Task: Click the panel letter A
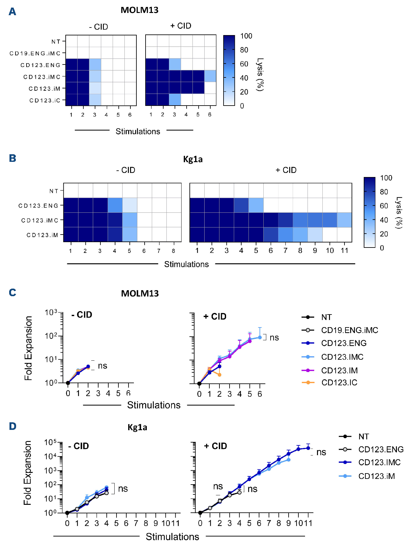tap(12, 12)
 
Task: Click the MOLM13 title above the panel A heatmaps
tap(140, 10)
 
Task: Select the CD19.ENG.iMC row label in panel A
tap(35, 53)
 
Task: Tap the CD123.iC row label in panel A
tap(45, 101)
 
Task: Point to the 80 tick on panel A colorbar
tap(244, 50)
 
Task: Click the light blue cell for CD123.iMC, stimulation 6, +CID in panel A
tap(210, 76)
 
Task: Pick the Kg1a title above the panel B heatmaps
tap(193, 159)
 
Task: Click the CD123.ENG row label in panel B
tap(38, 206)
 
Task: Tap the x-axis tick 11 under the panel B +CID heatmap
tap(344, 251)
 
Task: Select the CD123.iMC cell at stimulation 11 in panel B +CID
tap(344, 220)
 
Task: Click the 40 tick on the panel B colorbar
tap(384, 220)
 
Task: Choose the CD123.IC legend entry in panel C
tap(339, 382)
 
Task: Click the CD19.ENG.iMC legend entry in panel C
tap(350, 330)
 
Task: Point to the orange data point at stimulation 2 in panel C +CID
tap(219, 375)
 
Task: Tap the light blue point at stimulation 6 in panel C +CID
tap(260, 337)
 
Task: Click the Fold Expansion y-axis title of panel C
tap(28, 348)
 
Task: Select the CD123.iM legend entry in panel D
tap(376, 476)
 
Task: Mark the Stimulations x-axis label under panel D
tap(172, 536)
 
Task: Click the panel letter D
tap(13, 426)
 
